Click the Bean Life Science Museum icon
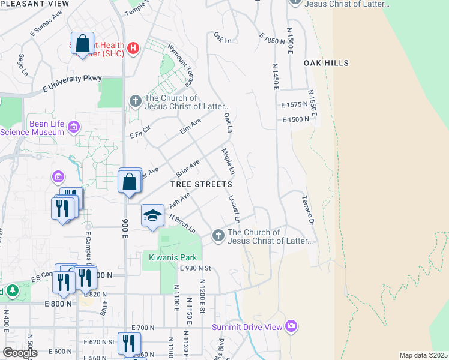[74, 127]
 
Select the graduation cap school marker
[152, 215]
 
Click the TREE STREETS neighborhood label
[202, 184]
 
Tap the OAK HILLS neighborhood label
[326, 62]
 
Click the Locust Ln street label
[234, 205]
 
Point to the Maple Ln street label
[227, 162]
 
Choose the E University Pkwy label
[72, 83]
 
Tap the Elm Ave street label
[191, 126]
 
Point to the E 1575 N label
[295, 104]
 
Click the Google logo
[20, 353]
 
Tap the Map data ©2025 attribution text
[423, 355]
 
